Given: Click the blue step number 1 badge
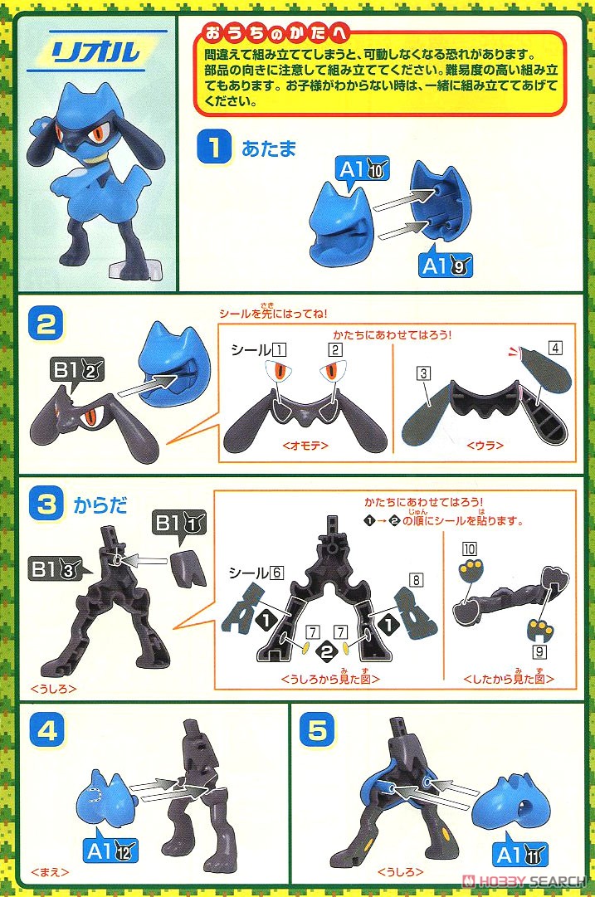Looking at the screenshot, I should [212, 149].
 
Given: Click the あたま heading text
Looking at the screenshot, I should [269, 149].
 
